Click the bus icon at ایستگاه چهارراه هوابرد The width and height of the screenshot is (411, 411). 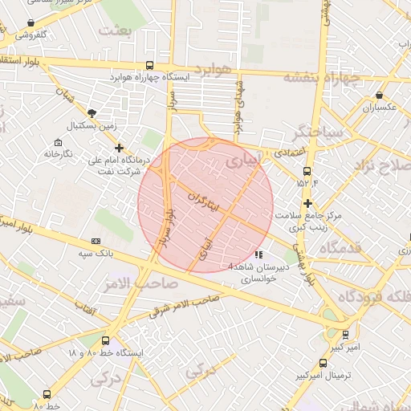click(150, 66)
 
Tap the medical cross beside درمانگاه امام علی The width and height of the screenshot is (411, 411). click(120, 148)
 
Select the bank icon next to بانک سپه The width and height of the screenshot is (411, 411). click(96, 241)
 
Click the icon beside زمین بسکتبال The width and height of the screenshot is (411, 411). click(92, 113)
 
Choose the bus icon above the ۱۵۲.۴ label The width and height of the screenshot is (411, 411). click(307, 171)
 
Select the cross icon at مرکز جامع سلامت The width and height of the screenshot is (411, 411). click(307, 203)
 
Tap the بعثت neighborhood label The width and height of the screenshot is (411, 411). click(114, 31)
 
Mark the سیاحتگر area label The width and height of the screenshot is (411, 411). click(319, 130)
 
